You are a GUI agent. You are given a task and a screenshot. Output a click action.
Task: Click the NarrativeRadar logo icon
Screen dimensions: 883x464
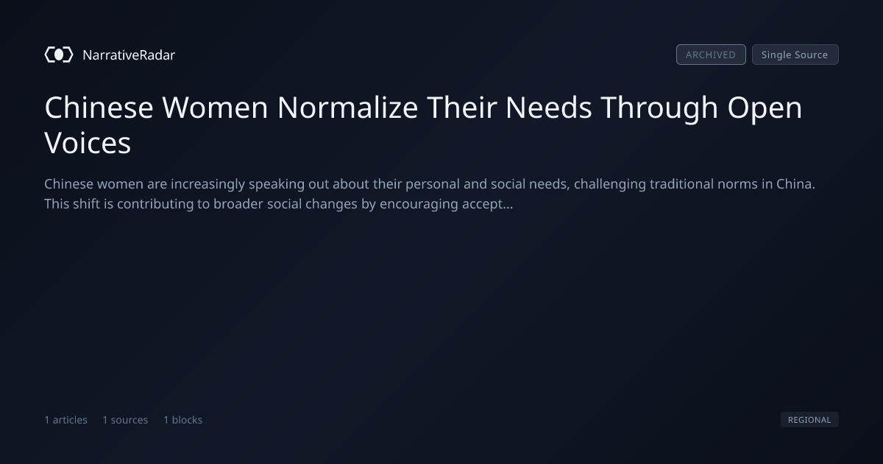coord(59,55)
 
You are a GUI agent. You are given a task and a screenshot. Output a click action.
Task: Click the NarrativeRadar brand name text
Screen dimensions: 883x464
coord(129,55)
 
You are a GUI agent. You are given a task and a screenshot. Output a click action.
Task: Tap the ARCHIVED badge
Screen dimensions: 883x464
coord(711,55)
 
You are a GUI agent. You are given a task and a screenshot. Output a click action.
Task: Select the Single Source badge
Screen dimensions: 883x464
coord(795,55)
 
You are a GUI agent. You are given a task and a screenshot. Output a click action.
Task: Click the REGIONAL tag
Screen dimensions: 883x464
coord(809,419)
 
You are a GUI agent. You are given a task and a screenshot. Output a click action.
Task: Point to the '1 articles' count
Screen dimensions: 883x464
coord(65,420)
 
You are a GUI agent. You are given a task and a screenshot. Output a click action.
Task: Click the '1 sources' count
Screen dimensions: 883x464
coord(125,420)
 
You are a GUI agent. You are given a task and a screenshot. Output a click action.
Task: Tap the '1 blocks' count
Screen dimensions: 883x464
coord(183,420)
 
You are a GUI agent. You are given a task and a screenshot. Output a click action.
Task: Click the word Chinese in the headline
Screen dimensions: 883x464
coord(99,108)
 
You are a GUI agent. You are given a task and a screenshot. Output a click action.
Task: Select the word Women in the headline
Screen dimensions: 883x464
coord(215,108)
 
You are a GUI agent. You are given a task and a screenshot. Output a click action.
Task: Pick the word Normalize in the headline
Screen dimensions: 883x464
coord(347,108)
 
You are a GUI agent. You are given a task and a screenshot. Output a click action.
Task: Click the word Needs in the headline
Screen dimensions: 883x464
coord(549,108)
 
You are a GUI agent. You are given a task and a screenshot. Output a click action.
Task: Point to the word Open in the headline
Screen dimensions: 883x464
coord(765,109)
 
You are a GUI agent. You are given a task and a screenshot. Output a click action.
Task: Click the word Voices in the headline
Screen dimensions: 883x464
coord(88,143)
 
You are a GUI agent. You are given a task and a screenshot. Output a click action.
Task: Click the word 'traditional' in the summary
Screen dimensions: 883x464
coord(681,184)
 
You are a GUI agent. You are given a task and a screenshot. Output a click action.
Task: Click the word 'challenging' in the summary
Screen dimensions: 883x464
coord(610,184)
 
